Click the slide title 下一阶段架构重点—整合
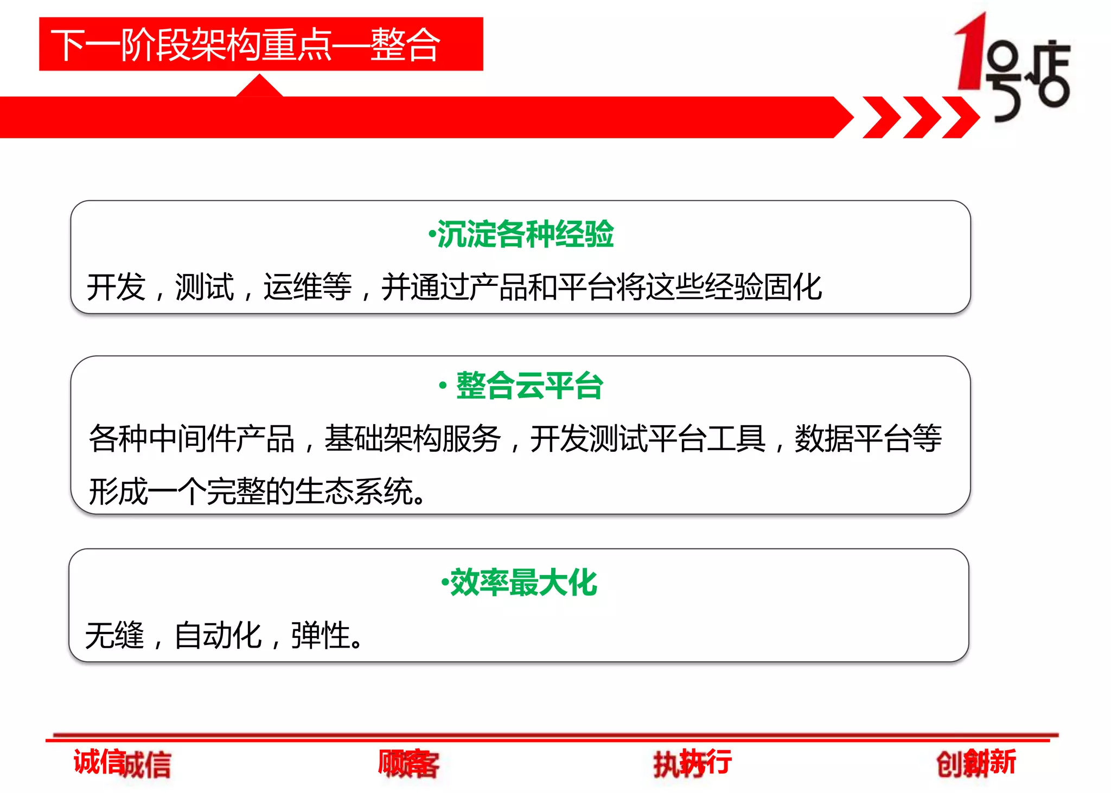click(245, 45)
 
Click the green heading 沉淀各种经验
click(525, 234)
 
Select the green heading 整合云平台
click(529, 386)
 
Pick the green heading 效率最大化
click(523, 583)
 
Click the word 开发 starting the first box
click(116, 287)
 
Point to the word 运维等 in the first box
click(308, 287)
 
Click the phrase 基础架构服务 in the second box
click(412, 438)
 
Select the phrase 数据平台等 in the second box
click(868, 438)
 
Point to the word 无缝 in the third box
click(115, 635)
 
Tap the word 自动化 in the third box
click(218, 635)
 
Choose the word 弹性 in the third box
click(320, 635)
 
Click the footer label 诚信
click(122, 763)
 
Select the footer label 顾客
click(408, 763)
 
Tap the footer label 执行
click(692, 763)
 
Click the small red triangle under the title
click(259, 87)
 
